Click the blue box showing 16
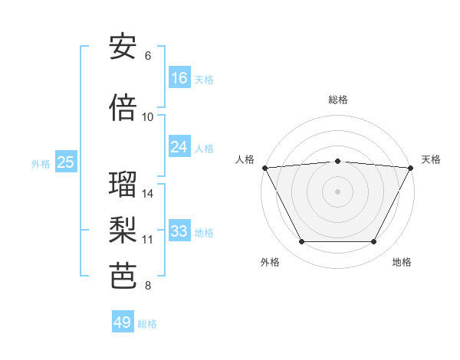[x=179, y=78]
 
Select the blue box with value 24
[x=179, y=147]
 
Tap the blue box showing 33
[x=179, y=231]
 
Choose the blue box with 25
[x=65, y=162]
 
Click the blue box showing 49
[x=123, y=322]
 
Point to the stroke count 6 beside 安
[x=148, y=56]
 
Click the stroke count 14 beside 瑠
[x=148, y=194]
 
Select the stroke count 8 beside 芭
[x=148, y=286]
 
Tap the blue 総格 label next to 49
[x=147, y=324]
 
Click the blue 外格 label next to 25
[x=41, y=164]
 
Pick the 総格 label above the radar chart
[x=337, y=100]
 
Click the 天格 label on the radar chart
[x=431, y=159]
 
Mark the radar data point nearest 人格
[x=264, y=167]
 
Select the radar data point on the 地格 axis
[x=373, y=242]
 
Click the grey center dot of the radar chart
[x=337, y=191]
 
